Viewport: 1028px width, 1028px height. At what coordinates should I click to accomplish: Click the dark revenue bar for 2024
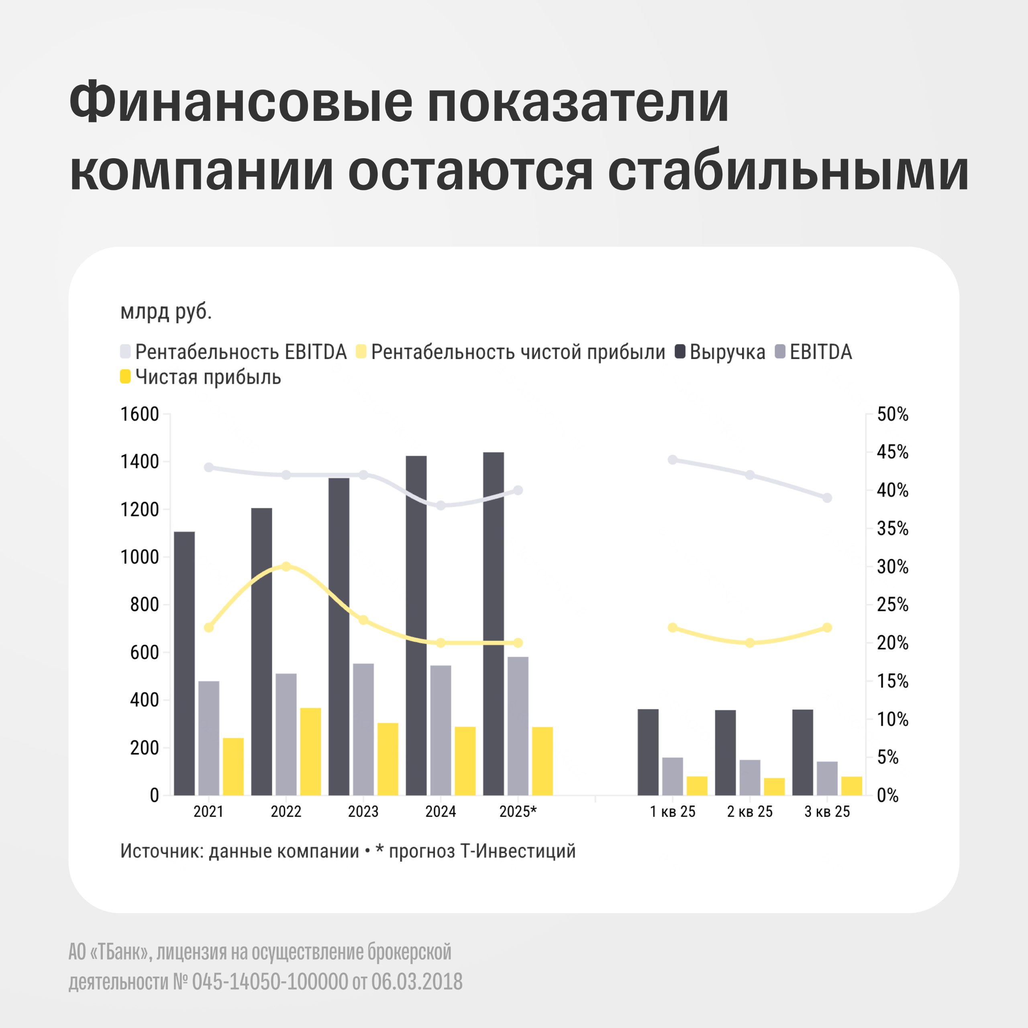point(416,625)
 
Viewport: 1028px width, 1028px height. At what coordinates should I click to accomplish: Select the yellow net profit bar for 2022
point(311,751)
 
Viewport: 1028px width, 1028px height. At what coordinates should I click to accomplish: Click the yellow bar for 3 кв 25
point(852,785)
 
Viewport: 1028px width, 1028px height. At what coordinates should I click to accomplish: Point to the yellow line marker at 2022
point(286,566)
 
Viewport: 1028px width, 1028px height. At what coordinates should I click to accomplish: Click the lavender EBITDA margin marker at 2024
point(441,505)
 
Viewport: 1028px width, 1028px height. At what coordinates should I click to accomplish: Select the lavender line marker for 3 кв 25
point(827,498)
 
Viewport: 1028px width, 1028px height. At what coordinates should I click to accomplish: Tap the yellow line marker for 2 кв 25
point(750,643)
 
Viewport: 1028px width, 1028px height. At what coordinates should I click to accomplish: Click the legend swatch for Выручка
point(680,351)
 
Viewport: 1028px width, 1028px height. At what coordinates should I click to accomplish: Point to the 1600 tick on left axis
point(140,414)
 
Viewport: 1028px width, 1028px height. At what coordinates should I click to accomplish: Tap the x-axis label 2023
point(363,812)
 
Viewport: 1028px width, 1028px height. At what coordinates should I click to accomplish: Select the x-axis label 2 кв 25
point(750,812)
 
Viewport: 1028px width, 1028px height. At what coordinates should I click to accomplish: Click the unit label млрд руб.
point(166,312)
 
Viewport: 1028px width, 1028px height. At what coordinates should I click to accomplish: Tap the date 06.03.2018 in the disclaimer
point(417,982)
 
